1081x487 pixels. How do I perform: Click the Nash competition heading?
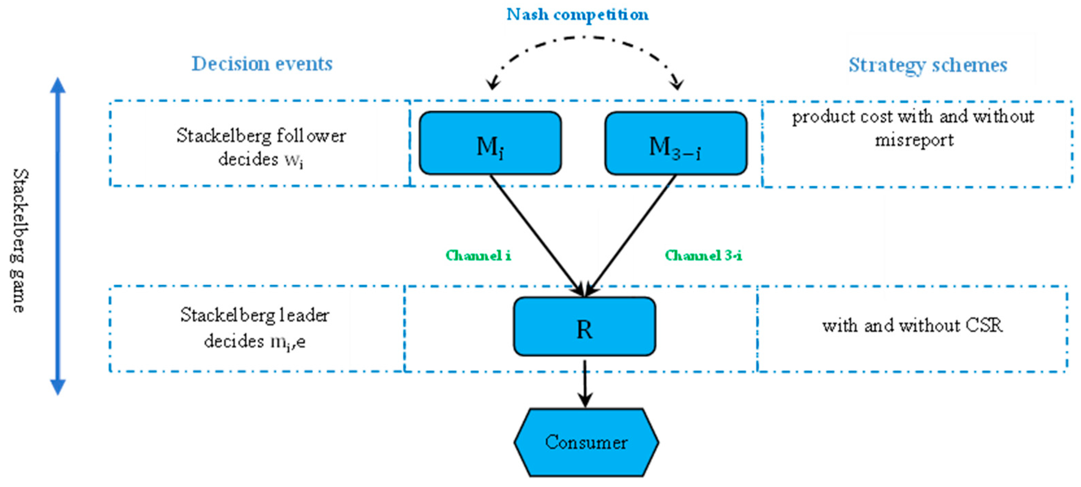point(578,15)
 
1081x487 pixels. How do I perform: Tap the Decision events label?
point(262,64)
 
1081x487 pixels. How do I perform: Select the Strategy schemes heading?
point(928,65)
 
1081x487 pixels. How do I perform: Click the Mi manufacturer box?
point(490,143)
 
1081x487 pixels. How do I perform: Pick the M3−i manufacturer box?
point(676,144)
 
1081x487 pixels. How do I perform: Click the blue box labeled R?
point(584,327)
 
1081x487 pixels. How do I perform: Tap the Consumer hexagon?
point(586,443)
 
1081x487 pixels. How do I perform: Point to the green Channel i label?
point(478,255)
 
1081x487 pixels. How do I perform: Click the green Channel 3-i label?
point(703,255)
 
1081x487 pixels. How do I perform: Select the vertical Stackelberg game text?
point(18,240)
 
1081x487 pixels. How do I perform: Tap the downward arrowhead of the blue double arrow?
point(58,386)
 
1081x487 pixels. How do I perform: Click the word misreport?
point(914,140)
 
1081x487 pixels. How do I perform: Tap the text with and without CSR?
point(912,325)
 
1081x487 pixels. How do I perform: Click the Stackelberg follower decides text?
point(261,147)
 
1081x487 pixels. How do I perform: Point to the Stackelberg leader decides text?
point(255,328)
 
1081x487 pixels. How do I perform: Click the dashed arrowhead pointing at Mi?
point(493,84)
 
